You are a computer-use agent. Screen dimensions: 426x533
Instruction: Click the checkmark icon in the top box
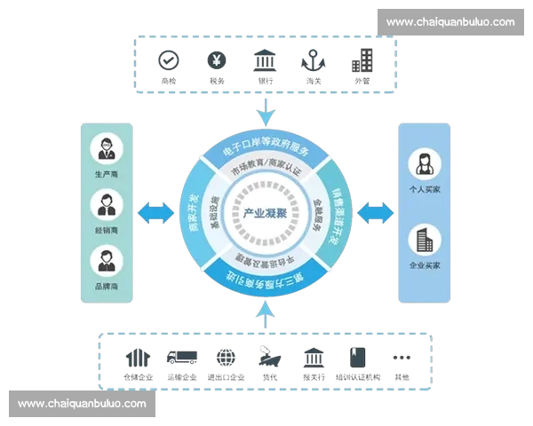pyautogui.click(x=168, y=60)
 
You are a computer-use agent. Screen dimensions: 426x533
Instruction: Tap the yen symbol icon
pyautogui.click(x=216, y=60)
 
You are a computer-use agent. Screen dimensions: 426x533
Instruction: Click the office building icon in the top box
pyautogui.click(x=362, y=60)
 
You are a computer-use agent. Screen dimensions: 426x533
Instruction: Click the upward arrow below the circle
pyautogui.click(x=265, y=311)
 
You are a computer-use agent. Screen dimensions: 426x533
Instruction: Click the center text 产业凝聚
pyautogui.click(x=264, y=214)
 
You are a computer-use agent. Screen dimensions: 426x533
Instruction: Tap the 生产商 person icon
pyautogui.click(x=107, y=146)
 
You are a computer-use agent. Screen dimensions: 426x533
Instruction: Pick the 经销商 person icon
pyautogui.click(x=107, y=204)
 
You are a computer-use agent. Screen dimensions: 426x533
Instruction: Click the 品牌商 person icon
pyautogui.click(x=107, y=261)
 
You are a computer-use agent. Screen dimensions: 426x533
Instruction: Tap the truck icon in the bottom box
pyautogui.click(x=182, y=358)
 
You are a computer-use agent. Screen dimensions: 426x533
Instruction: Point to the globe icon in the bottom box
pyautogui.click(x=226, y=358)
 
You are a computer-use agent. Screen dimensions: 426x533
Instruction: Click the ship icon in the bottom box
pyautogui.click(x=268, y=357)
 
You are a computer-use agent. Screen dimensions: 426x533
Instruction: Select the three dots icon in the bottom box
pyautogui.click(x=402, y=358)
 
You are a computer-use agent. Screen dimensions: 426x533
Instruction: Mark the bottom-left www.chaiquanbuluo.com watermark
pyautogui.click(x=82, y=404)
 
